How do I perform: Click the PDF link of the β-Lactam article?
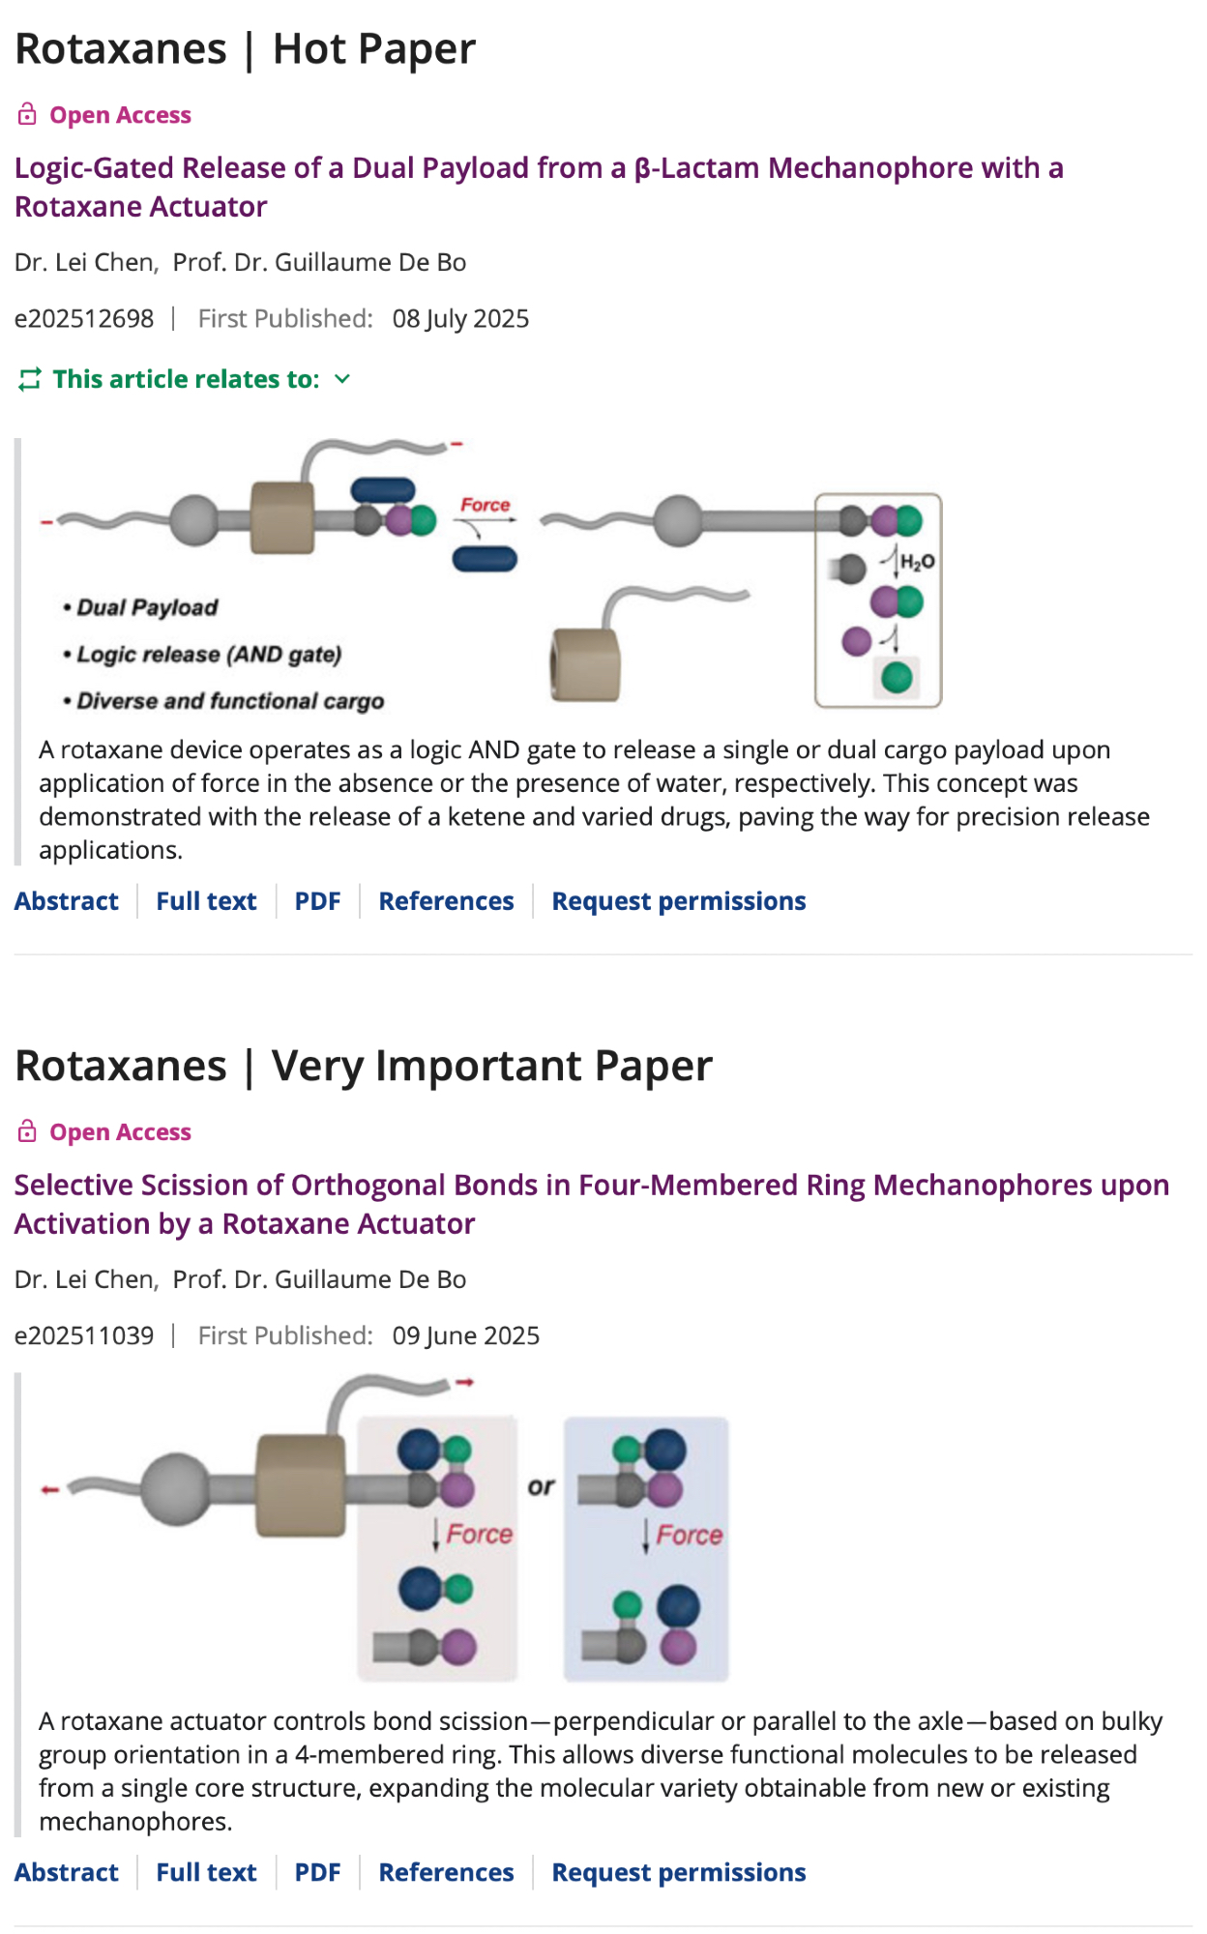pyautogui.click(x=317, y=901)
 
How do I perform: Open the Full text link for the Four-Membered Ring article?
pyautogui.click(x=206, y=1872)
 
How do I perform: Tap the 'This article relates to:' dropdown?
pyautogui.click(x=185, y=379)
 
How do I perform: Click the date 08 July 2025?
pyautogui.click(x=460, y=319)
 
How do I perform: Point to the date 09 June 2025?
pyautogui.click(x=465, y=1335)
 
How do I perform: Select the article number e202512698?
pyautogui.click(x=84, y=319)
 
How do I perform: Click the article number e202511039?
pyautogui.click(x=84, y=1335)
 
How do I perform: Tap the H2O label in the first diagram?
pyautogui.click(x=917, y=561)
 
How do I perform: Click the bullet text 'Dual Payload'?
pyautogui.click(x=147, y=607)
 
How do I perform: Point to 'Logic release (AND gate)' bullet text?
pyautogui.click(x=209, y=655)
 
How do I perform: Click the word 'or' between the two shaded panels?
pyautogui.click(x=542, y=1486)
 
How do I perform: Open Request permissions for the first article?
pyautogui.click(x=678, y=901)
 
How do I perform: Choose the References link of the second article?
pyautogui.click(x=446, y=1872)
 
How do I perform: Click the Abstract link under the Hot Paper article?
pyautogui.click(x=67, y=901)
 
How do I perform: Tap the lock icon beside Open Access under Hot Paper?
pyautogui.click(x=27, y=115)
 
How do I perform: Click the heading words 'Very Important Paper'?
pyautogui.click(x=491, y=1067)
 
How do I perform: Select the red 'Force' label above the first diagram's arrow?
pyautogui.click(x=485, y=505)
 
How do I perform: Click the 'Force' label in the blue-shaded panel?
pyautogui.click(x=689, y=1535)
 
